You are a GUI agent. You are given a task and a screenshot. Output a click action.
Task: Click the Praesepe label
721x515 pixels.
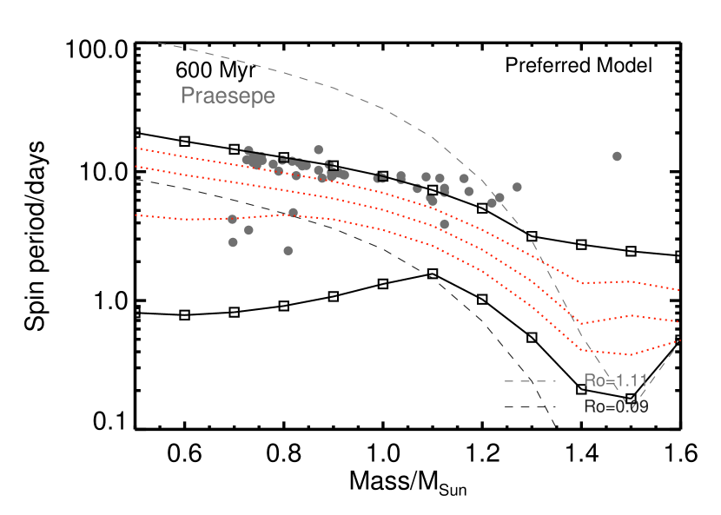pos(228,96)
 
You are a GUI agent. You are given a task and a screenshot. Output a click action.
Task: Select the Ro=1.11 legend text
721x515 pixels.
pos(615,380)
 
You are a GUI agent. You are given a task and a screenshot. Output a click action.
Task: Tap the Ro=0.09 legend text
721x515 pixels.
pos(615,406)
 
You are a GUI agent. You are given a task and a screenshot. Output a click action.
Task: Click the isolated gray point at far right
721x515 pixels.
pos(617,156)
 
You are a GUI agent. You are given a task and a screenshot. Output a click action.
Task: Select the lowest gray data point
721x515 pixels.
pos(288,251)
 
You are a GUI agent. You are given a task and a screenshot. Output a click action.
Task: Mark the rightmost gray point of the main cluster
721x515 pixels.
pos(517,187)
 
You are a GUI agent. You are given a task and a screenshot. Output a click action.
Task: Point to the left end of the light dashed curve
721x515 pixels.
pos(157,42)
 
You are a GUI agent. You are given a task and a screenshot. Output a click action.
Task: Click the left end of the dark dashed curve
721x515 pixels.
pos(136,179)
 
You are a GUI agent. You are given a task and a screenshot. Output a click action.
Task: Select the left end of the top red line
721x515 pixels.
pos(136,149)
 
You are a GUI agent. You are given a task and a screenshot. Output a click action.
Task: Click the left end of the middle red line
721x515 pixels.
pos(136,167)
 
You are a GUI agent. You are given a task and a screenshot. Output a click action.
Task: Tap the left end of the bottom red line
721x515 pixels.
pos(136,215)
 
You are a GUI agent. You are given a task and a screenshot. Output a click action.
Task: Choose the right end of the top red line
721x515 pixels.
pos(678,290)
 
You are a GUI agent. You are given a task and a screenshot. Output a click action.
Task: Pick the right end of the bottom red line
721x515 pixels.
pos(678,341)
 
